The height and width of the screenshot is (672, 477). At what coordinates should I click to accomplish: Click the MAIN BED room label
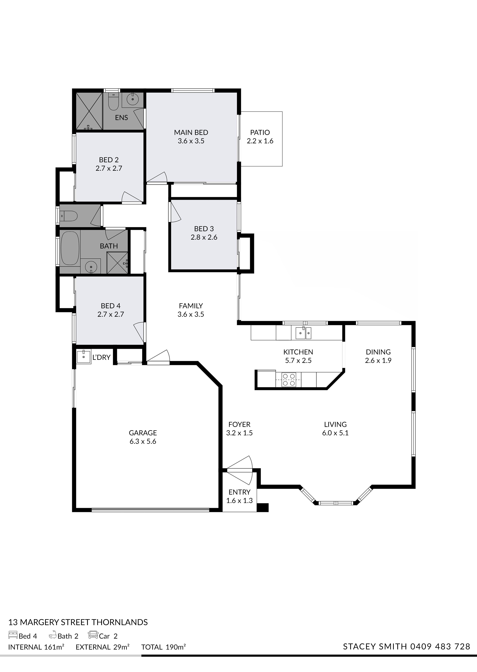coord(191,133)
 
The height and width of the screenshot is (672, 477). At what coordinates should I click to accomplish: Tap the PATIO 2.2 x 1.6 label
coord(260,137)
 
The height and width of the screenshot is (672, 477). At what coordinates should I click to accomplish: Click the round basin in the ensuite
coord(133,99)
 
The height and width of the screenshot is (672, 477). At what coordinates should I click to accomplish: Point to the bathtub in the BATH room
coord(70,248)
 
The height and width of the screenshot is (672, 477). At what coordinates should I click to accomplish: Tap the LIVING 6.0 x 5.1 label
coord(335,429)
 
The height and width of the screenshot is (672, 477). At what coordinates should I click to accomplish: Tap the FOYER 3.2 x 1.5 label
coord(239,429)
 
